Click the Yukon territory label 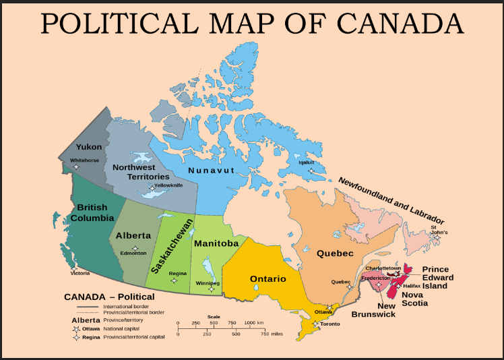point(89,146)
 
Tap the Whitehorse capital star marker point(75,167)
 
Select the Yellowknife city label point(168,185)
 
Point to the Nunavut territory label point(211,170)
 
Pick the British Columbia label point(92,212)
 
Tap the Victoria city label point(80,273)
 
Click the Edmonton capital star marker point(135,249)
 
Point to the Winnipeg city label point(208,283)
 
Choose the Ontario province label point(268,278)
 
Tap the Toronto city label point(330,324)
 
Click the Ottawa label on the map point(324,312)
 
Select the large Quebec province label point(335,253)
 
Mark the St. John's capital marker point(437,237)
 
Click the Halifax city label point(412,286)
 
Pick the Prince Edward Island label point(437,277)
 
